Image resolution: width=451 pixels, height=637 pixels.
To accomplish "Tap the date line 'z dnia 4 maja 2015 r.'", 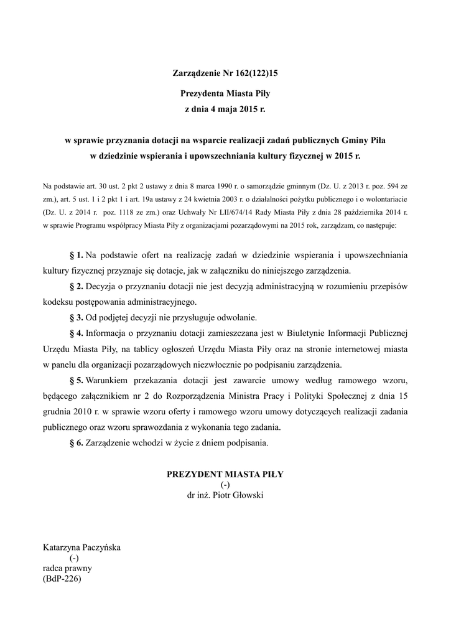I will [x=225, y=109].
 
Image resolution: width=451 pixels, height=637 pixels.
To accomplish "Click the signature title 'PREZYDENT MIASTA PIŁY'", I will [x=225, y=474].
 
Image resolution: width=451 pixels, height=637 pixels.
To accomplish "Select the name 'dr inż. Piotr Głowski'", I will [x=225, y=495].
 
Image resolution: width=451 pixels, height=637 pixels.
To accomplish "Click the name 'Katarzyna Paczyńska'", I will [x=81, y=548].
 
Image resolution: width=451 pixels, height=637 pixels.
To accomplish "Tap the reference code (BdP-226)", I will [x=62, y=578].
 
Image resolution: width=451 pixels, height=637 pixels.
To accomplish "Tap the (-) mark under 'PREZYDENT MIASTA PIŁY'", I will [x=225, y=485].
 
